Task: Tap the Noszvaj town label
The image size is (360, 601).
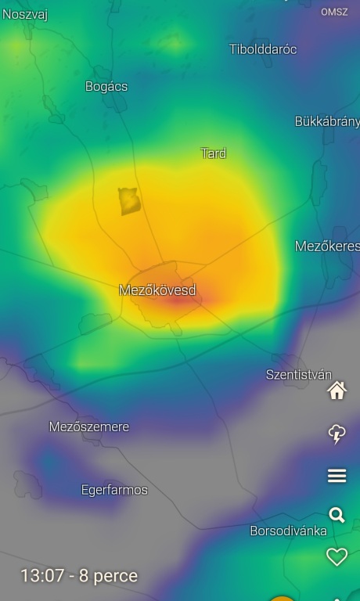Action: pos(25,14)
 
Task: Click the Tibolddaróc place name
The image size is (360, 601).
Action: pos(263,49)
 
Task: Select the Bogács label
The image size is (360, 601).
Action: pos(106,86)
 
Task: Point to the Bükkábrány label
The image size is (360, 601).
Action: pos(327,121)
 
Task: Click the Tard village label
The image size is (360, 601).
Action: pos(214,153)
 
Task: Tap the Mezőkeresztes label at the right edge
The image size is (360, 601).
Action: pos(327,246)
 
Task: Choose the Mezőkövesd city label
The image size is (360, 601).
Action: pos(157,290)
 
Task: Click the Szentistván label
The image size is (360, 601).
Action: pos(299,374)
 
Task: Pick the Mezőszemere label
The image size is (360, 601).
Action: pos(89,426)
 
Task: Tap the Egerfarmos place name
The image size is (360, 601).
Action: pos(114,490)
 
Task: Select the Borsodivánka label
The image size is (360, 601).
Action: pos(288,531)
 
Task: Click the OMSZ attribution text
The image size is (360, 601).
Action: pos(334,12)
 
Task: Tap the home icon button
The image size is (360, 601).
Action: pos(337,390)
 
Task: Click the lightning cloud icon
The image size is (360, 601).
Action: pos(337,434)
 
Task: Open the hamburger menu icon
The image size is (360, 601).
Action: pos(337,476)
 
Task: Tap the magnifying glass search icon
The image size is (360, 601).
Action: pos(337,515)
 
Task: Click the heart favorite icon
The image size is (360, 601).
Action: pos(337,556)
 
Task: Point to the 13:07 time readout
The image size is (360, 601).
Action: pos(79,576)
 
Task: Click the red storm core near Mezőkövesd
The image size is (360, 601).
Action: pos(180,298)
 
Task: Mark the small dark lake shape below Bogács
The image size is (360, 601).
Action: pos(129,201)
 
